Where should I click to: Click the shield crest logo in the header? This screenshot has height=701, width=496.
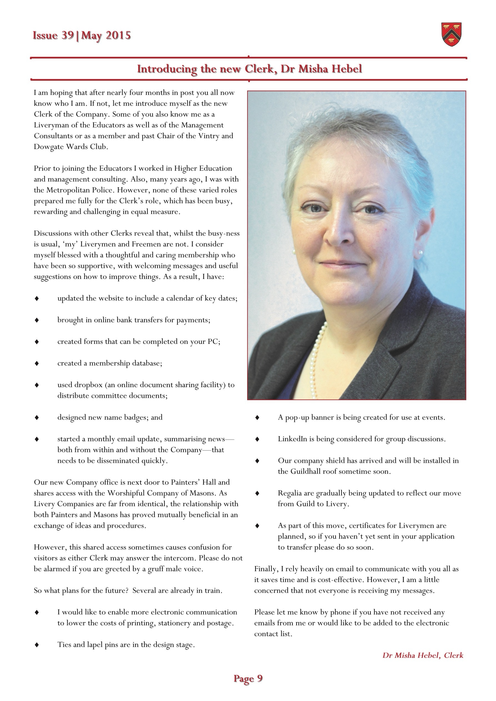(x=451, y=34)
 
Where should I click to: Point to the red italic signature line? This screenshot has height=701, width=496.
(x=423, y=655)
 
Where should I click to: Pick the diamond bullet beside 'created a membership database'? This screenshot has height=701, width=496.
(x=37, y=363)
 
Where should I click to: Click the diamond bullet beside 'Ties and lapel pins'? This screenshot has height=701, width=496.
(x=37, y=645)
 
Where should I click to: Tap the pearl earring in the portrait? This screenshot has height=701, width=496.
(x=420, y=253)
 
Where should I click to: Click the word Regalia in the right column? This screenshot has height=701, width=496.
(x=289, y=493)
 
